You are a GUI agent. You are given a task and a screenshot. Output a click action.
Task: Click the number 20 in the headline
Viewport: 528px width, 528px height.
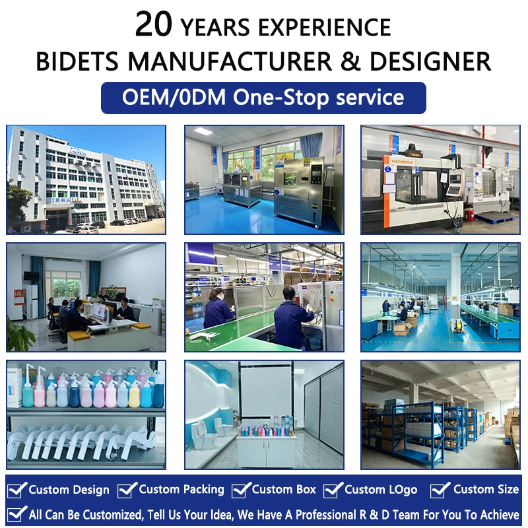coord(154,24)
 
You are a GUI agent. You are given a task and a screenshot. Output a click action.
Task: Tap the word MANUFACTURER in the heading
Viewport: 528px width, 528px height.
coord(230,61)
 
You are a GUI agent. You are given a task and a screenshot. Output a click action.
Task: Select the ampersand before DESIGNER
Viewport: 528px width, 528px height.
coord(350,61)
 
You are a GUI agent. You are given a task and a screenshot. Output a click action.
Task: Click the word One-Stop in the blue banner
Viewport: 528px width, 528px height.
coord(281,98)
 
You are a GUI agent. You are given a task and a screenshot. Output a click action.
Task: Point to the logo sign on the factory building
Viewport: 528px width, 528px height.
coord(78,152)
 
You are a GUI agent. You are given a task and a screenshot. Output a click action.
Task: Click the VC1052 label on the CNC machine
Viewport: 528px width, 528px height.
coord(402,161)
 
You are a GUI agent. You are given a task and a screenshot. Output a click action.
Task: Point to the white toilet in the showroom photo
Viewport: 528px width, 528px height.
coord(201,434)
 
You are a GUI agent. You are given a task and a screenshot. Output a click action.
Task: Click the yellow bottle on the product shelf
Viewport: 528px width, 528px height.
coord(134,395)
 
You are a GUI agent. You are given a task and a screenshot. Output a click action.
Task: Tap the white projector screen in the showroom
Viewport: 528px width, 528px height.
coord(266,391)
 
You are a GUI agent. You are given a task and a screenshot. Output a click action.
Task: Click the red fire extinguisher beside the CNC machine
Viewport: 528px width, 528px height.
coord(470,214)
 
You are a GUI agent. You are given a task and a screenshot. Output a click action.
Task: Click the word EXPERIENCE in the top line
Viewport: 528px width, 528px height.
coord(325,28)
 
